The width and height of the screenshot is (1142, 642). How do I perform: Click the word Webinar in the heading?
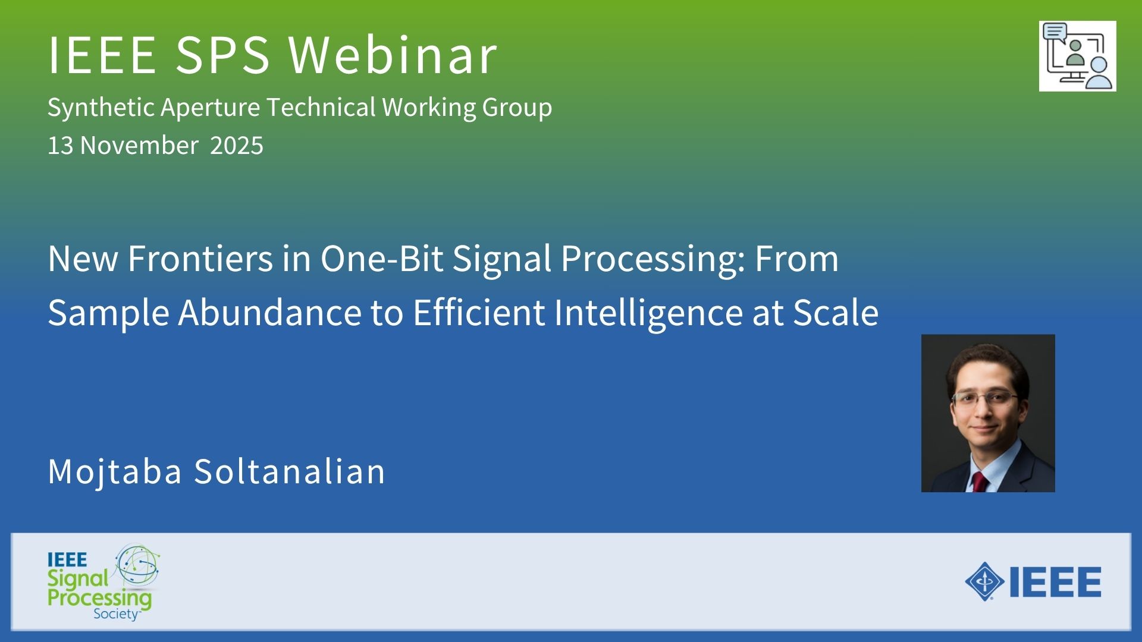[393, 55]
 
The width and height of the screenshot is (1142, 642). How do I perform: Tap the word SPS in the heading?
[223, 55]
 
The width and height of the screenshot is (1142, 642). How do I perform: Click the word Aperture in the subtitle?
[210, 108]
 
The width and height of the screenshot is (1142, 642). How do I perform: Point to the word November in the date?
[139, 146]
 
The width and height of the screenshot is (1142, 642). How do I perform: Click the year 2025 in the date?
[237, 146]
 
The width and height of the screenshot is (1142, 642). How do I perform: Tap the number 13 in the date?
[61, 146]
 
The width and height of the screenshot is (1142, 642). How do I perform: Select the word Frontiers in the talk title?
[200, 259]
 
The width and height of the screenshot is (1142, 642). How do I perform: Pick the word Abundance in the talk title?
[270, 313]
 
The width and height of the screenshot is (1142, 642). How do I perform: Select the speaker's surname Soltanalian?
[290, 471]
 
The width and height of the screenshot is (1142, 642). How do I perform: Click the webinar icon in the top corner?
[1077, 56]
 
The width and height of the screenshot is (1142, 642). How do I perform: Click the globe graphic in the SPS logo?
[137, 564]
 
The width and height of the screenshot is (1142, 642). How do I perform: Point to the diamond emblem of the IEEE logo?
[985, 581]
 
